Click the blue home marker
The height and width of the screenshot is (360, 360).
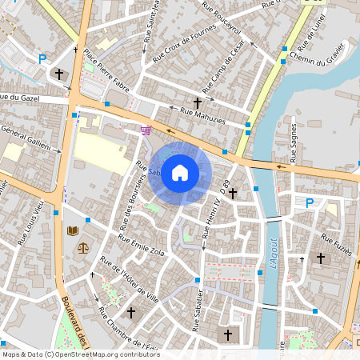click(x=180, y=173)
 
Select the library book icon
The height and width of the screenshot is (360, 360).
click(x=73, y=231)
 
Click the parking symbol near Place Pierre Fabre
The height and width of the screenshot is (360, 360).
click(x=42, y=58)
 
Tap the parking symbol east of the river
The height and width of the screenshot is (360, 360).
click(x=309, y=203)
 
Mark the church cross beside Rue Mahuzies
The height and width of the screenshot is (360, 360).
click(x=198, y=102)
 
